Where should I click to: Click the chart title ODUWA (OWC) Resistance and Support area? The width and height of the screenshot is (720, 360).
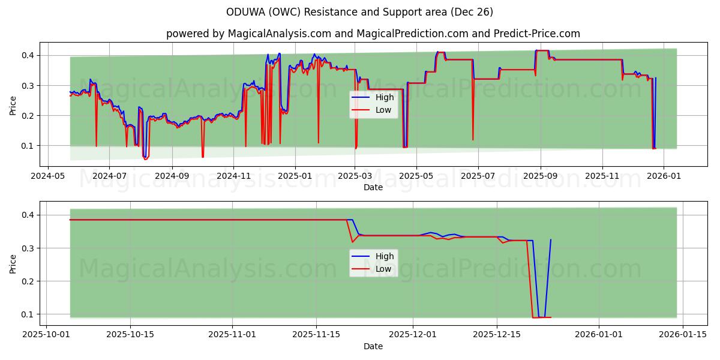click(360, 12)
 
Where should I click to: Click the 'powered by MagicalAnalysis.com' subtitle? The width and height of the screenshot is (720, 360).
click(373, 34)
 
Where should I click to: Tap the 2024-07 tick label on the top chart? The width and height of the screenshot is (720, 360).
click(109, 177)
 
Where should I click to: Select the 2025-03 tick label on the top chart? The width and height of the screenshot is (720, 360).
click(355, 177)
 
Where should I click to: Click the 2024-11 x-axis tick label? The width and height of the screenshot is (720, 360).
click(233, 177)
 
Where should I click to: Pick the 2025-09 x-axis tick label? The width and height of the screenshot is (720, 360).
click(540, 177)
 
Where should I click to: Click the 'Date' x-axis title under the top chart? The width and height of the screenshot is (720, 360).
click(373, 187)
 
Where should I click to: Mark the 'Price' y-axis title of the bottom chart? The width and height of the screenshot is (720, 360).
click(13, 263)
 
